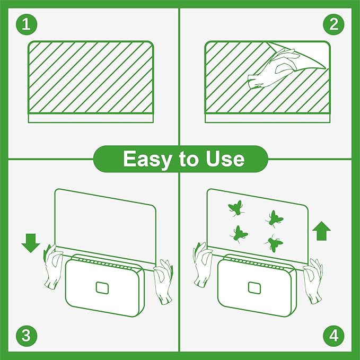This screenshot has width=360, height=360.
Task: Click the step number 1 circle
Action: pos(25,24)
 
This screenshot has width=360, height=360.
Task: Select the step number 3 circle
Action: pos(25,335)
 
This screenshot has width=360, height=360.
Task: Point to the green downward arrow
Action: pos(31,242)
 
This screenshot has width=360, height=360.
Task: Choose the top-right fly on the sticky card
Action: pos(275,217)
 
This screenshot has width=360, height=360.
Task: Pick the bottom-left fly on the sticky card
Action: pos(239,233)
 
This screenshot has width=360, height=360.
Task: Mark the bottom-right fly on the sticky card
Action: pos(274,243)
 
